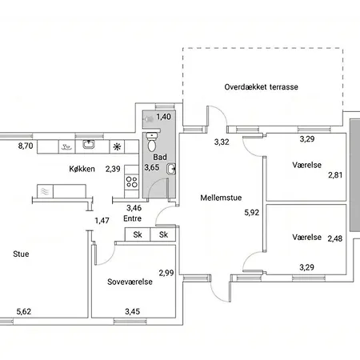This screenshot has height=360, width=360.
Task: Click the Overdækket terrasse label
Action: click(261, 87)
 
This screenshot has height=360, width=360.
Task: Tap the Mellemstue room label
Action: click(221, 198)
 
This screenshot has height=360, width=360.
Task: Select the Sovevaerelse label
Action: click(130, 282)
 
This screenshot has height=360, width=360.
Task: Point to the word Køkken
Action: click(82, 169)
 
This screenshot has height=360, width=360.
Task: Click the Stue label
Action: click(21, 254)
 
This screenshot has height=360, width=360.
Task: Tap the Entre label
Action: click(132, 218)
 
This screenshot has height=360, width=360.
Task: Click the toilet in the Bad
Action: click(151, 142)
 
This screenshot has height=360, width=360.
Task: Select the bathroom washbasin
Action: click(171, 169)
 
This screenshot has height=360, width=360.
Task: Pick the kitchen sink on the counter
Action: click(88, 144)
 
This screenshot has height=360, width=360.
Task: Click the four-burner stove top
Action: click(132, 182)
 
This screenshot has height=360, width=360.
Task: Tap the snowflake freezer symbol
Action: click(117, 146)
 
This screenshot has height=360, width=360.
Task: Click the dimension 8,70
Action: click(26, 146)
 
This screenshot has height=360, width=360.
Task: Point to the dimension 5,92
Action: click(251, 213)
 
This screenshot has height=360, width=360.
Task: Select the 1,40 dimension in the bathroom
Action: click(163, 117)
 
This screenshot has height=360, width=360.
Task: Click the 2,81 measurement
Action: click(335, 175)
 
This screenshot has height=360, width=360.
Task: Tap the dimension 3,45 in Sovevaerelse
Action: click(132, 311)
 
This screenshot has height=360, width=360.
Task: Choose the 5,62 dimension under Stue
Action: click(24, 311)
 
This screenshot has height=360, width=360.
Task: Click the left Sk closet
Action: click(138, 234)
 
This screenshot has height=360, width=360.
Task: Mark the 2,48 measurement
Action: click(335, 238)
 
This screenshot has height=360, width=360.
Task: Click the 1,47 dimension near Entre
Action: click(102, 221)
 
